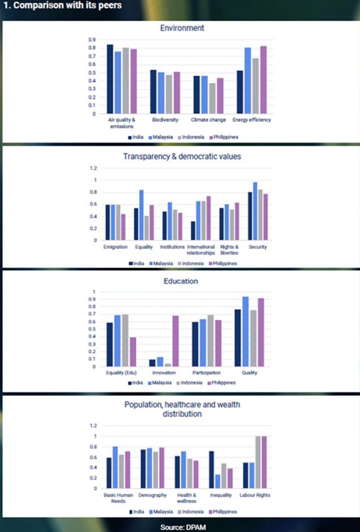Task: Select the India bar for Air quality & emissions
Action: [110, 79]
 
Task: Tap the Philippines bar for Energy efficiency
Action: [263, 80]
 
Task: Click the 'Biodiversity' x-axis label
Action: [165, 120]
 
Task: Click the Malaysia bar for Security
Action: [255, 211]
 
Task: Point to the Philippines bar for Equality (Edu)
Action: [132, 352]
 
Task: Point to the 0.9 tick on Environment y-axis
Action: [92, 40]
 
